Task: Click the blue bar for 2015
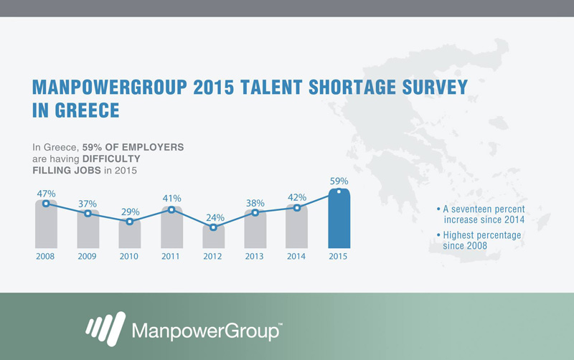(x=339, y=219)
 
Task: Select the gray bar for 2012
(x=213, y=237)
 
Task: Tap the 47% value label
(x=46, y=194)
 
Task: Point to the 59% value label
(x=339, y=181)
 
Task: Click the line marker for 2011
(x=171, y=209)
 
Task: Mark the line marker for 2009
(x=88, y=213)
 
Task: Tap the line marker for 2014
(x=297, y=208)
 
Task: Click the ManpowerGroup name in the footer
(x=207, y=331)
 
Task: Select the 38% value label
(x=255, y=203)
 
